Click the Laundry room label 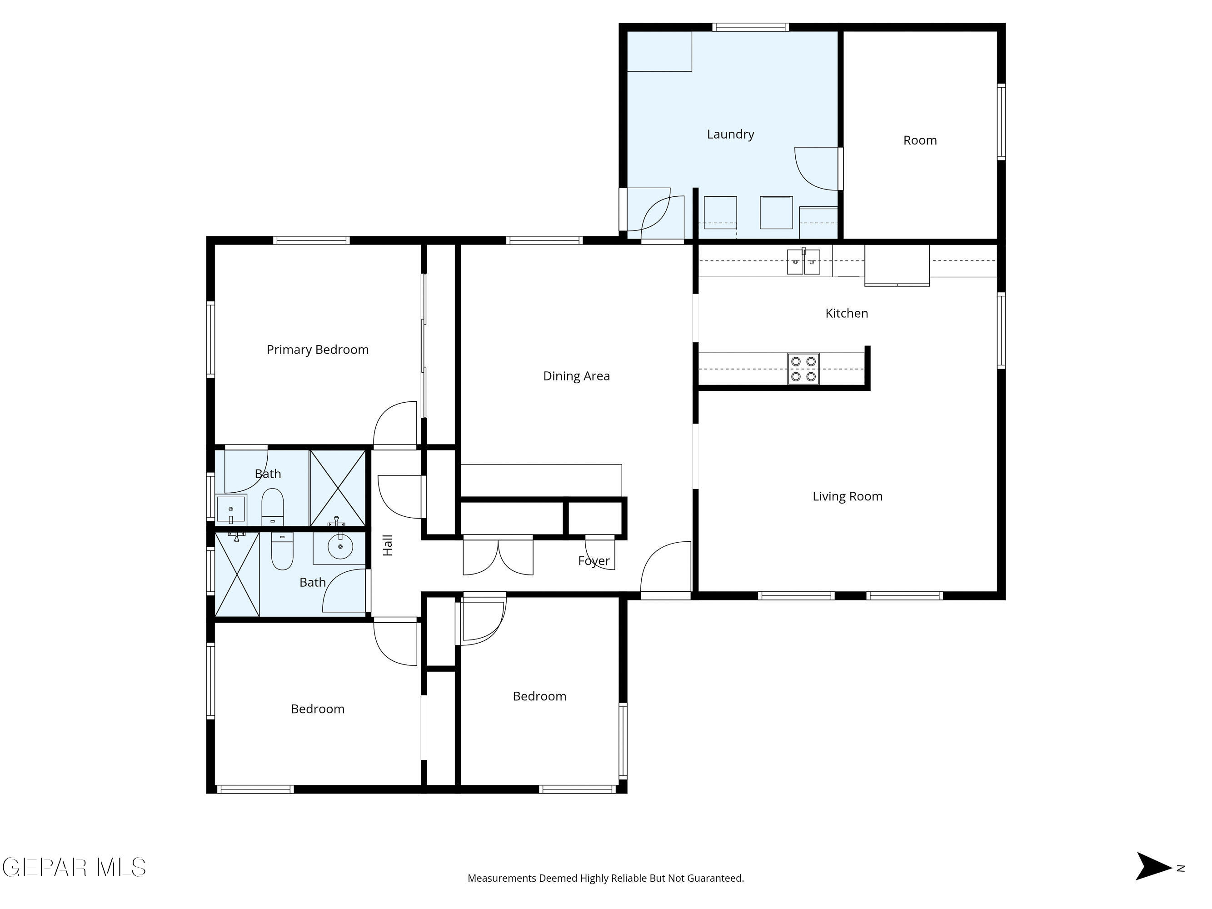(x=730, y=134)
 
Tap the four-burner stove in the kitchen (x=803, y=369)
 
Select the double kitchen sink (x=803, y=262)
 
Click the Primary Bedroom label (x=317, y=350)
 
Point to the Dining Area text (x=576, y=376)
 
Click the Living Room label (x=847, y=496)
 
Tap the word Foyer (x=594, y=560)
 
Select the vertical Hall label (x=387, y=545)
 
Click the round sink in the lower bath (x=340, y=546)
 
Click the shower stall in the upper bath (x=338, y=488)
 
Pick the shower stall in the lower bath (x=237, y=574)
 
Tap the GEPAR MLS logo (x=74, y=867)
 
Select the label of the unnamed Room (x=919, y=140)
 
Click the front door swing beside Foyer (x=666, y=567)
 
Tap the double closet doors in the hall (x=498, y=556)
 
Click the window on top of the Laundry (x=750, y=27)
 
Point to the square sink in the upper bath (x=231, y=509)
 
